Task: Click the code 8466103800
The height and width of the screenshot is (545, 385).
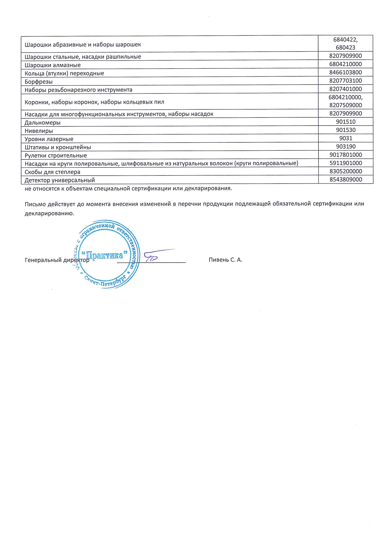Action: point(346,72)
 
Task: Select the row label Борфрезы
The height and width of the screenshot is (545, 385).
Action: point(38,82)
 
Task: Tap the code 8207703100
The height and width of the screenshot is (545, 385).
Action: point(346,81)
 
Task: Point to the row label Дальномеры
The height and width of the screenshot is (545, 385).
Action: point(43,122)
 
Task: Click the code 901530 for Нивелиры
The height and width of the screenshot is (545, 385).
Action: point(346,130)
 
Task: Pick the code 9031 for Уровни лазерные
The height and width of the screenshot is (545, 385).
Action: point(346,138)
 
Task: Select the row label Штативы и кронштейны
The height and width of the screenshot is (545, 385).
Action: point(58,147)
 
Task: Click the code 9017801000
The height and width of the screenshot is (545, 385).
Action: point(346,155)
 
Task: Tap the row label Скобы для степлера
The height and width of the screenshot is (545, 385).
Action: point(52,172)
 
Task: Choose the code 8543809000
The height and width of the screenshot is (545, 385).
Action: point(346,180)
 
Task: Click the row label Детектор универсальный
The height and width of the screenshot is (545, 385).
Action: point(60,180)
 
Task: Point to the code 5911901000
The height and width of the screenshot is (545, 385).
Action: point(346,163)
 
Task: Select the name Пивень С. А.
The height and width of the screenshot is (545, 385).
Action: point(225,260)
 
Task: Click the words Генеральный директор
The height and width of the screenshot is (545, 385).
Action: point(57,260)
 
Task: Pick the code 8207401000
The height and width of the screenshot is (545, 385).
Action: point(346,89)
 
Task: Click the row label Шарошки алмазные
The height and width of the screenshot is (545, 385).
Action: point(52,65)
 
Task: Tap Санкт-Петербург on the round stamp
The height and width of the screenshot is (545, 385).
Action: point(106,281)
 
